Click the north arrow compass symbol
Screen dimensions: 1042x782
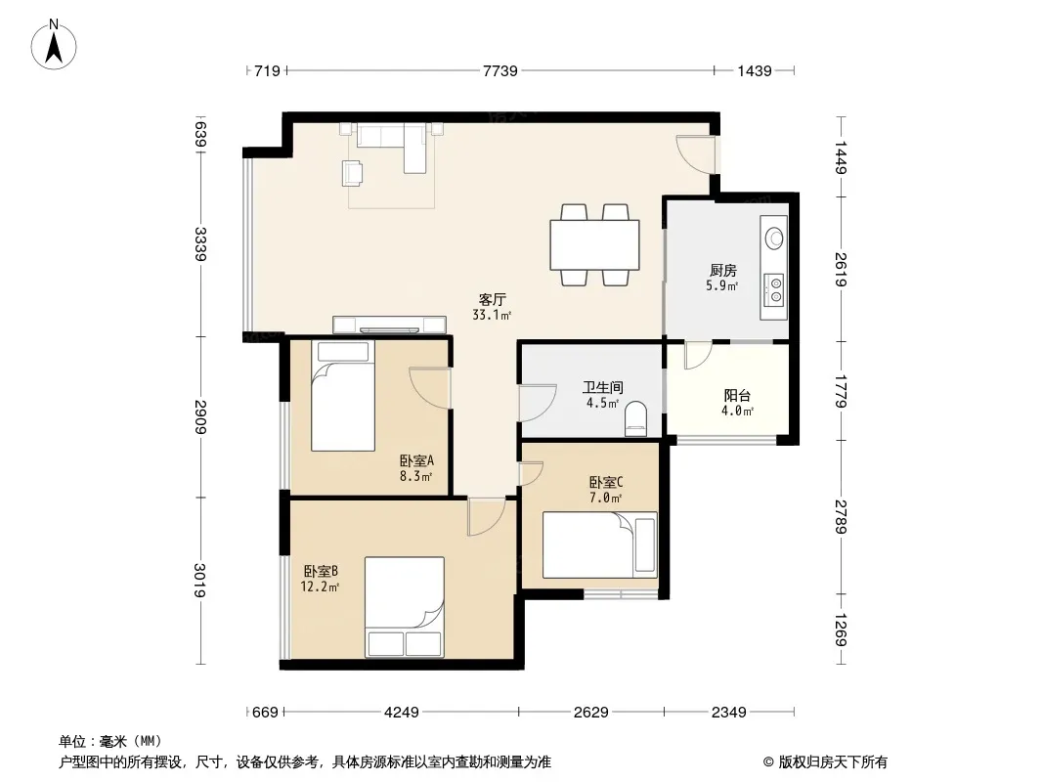pyautogui.click(x=54, y=45)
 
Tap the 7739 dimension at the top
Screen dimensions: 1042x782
pyautogui.click(x=499, y=70)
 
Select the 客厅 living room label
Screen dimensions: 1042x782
pyautogui.click(x=492, y=300)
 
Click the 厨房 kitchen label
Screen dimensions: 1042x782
pyautogui.click(x=722, y=271)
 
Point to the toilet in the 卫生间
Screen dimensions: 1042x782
pyautogui.click(x=636, y=418)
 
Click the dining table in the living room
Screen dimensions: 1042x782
pyautogui.click(x=594, y=244)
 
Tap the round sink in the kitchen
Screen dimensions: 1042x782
pyautogui.click(x=774, y=238)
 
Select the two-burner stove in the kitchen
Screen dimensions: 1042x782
pyautogui.click(x=773, y=290)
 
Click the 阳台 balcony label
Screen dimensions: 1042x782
pyautogui.click(x=737, y=396)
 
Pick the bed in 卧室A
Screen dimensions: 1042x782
pyautogui.click(x=343, y=396)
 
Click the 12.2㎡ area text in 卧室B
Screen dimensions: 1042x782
pyautogui.click(x=320, y=586)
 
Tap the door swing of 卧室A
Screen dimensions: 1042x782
pyautogui.click(x=430, y=388)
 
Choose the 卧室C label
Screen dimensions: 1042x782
pyautogui.click(x=605, y=482)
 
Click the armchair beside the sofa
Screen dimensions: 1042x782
pyautogui.click(x=352, y=173)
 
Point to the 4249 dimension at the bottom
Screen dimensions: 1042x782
pyautogui.click(x=402, y=713)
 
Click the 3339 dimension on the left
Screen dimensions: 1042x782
pyautogui.click(x=200, y=243)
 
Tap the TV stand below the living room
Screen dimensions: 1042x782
pyautogui.click(x=389, y=325)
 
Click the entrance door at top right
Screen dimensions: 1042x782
pyautogui.click(x=696, y=154)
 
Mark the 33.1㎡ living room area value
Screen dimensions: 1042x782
pyautogui.click(x=492, y=315)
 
